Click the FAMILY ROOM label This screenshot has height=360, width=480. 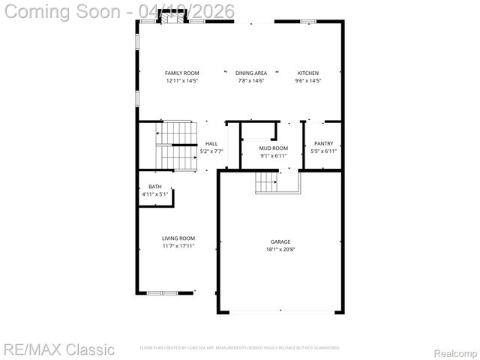click(x=182, y=73)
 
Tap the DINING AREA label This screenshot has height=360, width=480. click(x=251, y=73)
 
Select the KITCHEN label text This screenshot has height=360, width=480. click(x=308, y=73)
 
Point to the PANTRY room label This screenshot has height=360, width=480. click(x=324, y=143)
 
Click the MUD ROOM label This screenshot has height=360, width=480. click(x=274, y=148)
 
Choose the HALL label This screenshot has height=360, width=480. click(x=212, y=143)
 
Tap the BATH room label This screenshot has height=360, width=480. click(x=154, y=187)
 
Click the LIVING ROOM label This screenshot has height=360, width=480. click(x=178, y=238)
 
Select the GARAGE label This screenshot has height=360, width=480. click(x=280, y=241)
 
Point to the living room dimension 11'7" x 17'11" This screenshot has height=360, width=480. click(x=178, y=245)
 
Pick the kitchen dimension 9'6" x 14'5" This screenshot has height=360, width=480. click(x=308, y=80)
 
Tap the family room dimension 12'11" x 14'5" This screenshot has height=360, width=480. click(x=182, y=80)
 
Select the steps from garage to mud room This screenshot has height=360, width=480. click(x=266, y=182)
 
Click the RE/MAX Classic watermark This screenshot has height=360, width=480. click(x=58, y=349)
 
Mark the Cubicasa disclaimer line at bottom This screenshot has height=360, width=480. click(x=240, y=348)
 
